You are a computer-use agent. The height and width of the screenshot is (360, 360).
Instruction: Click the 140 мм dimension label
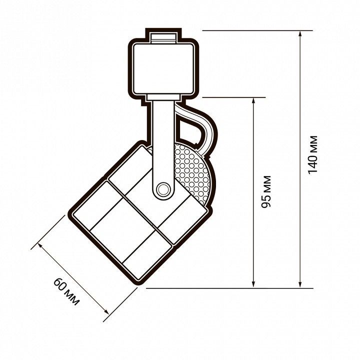coord(312,155)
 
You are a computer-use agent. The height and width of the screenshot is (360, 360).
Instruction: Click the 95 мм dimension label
coord(266,191)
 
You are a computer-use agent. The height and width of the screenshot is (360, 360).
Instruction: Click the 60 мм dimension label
coord(66,291)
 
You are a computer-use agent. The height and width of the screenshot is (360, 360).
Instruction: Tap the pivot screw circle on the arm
coord(163,189)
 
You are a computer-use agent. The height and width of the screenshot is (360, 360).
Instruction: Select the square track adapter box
coord(163,69)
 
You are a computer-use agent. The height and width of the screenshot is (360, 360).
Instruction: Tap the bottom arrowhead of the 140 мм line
coord(300,284)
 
